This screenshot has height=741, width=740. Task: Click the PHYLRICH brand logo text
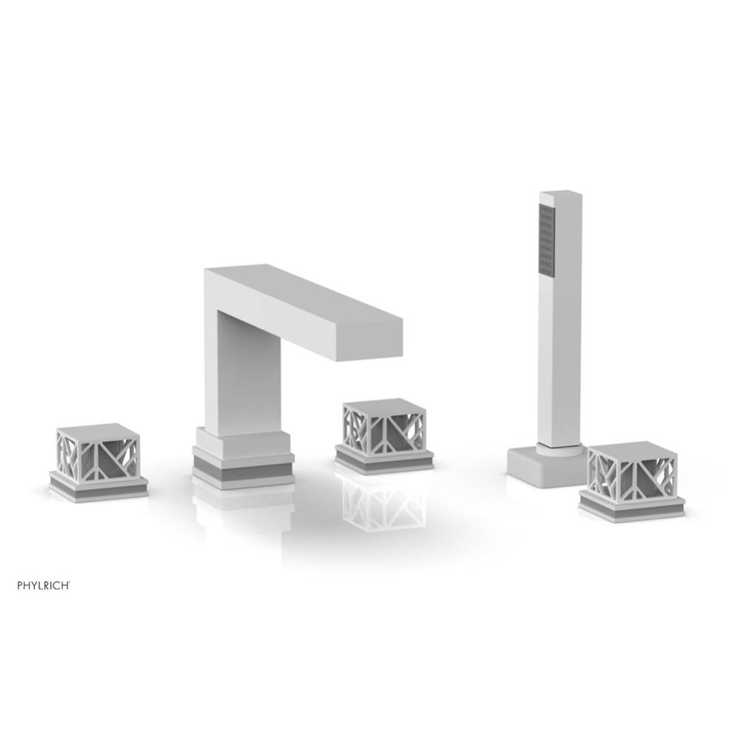point(44,585)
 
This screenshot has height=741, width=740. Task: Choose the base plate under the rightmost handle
point(631,508)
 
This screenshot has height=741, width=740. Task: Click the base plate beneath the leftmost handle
point(98,488)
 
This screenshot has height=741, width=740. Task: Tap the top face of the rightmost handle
point(631,449)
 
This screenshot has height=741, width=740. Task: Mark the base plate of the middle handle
point(383,460)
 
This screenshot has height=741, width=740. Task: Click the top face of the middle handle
point(383,406)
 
